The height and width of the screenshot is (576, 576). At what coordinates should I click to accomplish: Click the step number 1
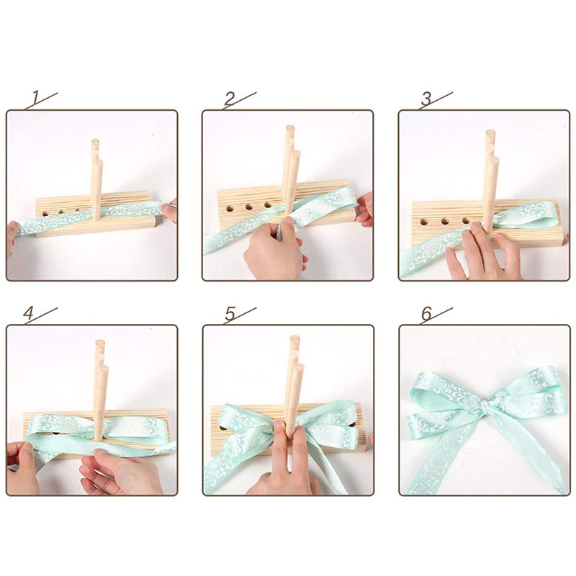coord(35,97)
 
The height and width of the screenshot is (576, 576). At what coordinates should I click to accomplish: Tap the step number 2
coord(230,99)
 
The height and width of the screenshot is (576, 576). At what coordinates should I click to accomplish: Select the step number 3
coord(426,99)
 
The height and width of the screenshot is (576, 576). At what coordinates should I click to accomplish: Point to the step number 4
coord(28,313)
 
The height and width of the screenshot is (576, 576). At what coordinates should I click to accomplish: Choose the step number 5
coord(230,313)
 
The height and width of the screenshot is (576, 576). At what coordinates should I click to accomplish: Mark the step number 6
coord(426,313)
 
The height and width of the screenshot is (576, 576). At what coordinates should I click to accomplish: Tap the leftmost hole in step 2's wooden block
coord(230,209)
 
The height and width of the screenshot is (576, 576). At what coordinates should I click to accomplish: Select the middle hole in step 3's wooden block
coord(445,221)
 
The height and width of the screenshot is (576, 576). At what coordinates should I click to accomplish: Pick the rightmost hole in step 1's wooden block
coord(77,210)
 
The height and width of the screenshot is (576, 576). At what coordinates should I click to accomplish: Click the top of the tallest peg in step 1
coord(95,141)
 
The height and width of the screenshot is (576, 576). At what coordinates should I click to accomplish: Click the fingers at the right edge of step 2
coord(364,210)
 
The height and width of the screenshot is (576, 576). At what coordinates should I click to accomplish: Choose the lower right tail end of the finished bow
coord(559,489)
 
